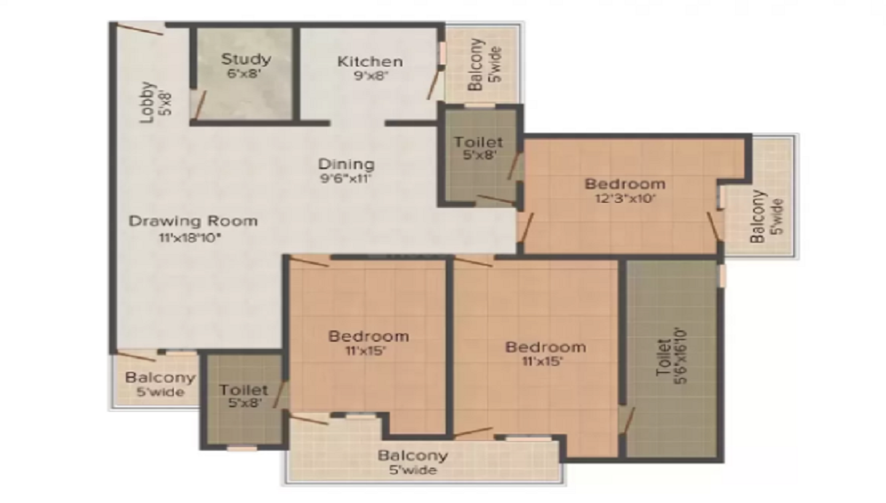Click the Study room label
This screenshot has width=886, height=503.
(245, 58)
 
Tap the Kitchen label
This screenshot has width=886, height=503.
(370, 61)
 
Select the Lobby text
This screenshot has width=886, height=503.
(147, 102)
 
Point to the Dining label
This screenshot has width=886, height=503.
(346, 165)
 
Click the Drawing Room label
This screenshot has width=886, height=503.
(193, 221)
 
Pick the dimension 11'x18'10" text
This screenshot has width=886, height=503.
(190, 237)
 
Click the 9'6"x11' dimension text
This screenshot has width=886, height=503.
(346, 179)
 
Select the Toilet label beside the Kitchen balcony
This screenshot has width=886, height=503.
(478, 143)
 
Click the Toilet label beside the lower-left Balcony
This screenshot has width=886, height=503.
(244, 391)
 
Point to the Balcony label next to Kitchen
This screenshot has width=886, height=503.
(477, 65)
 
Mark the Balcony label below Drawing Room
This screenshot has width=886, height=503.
(160, 377)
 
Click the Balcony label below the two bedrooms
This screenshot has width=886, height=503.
(413, 455)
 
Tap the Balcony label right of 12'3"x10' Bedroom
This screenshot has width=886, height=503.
(758, 216)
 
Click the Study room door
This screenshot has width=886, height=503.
(200, 105)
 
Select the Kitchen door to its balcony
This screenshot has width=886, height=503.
(434, 83)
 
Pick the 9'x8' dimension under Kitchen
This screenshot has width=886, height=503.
(370, 75)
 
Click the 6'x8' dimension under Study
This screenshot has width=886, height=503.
(245, 74)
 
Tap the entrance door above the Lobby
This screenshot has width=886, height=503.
(141, 29)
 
